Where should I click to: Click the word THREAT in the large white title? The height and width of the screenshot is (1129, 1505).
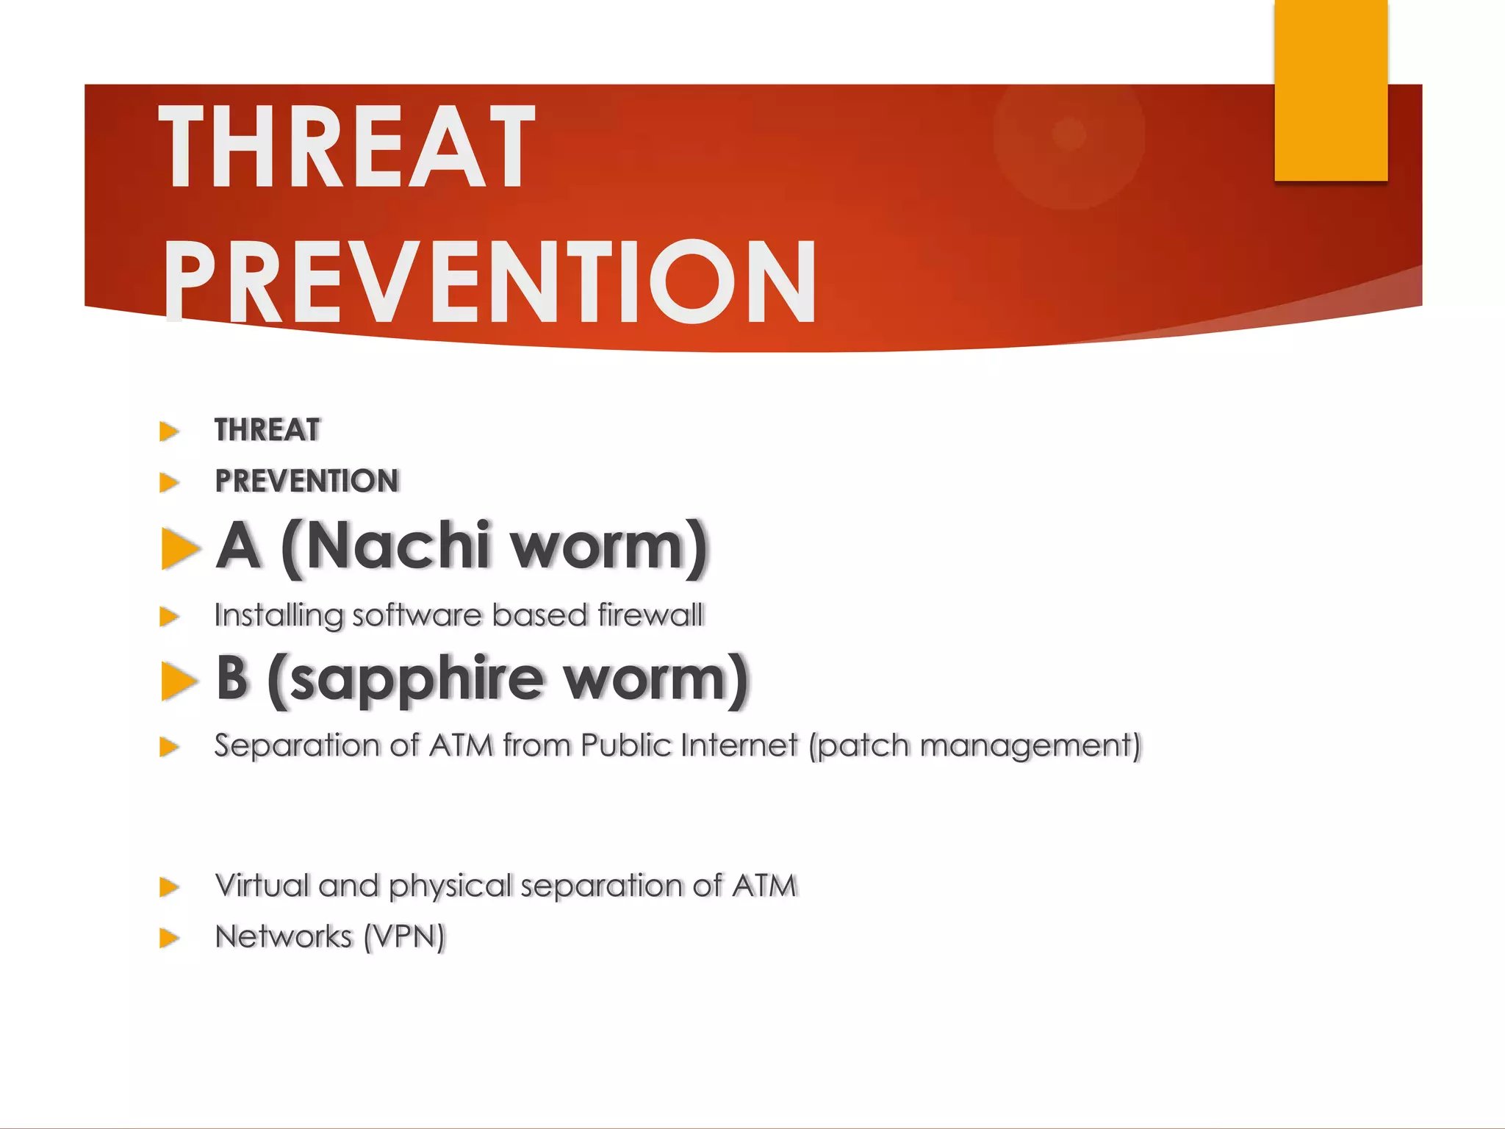347,147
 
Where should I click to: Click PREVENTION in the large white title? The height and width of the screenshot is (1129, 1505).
489,283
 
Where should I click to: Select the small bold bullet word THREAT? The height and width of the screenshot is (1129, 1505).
267,430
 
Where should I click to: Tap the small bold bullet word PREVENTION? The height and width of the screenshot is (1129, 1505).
307,481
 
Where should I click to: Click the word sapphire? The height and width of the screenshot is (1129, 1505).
417,679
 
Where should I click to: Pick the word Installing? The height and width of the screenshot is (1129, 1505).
279,616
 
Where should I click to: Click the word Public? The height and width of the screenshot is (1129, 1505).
626,746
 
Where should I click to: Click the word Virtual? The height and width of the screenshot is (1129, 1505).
262,886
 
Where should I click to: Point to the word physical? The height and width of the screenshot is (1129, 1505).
450,886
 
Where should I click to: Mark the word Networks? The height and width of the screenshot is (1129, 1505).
284,937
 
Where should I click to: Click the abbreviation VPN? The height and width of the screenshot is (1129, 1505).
405,937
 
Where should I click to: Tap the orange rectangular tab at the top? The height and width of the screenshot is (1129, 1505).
1331,90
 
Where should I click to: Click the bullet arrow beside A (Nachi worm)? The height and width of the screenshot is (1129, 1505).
179,548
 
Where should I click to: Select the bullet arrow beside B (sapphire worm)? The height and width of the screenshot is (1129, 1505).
179,681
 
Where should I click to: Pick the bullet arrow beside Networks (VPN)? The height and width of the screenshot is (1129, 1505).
170,938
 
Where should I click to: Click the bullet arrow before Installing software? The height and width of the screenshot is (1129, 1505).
170,616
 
